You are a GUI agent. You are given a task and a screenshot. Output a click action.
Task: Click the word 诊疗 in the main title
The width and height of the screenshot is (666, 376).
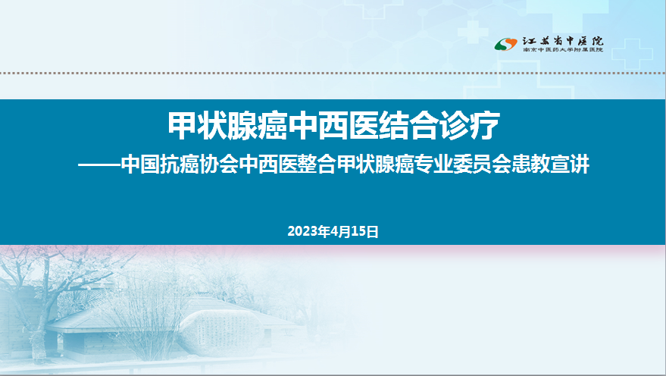click(470, 126)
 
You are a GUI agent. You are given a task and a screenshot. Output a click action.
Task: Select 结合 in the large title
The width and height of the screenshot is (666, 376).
click(408, 126)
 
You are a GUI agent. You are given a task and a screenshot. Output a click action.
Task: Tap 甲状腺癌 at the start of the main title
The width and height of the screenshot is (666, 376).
click(227, 126)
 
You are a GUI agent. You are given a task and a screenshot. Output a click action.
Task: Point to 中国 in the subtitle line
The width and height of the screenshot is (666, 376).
click(140, 164)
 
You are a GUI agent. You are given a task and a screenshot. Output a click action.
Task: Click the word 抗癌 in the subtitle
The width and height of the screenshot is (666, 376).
click(180, 164)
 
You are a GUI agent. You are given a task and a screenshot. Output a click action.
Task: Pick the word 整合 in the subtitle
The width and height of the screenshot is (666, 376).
click(316, 164)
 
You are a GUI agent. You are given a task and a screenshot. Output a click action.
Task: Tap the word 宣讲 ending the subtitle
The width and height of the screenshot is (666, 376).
click(570, 164)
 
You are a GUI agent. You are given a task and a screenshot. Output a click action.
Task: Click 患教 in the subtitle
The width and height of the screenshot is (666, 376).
click(531, 164)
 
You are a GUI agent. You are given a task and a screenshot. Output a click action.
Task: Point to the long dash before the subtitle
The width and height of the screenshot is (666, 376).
click(99, 164)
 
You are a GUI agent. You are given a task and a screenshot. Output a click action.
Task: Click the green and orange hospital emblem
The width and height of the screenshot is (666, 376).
click(505, 44)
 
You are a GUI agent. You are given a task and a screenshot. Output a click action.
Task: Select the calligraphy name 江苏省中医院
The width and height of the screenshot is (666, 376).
click(562, 41)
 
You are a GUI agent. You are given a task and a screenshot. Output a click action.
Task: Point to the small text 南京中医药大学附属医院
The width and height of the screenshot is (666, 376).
click(562, 50)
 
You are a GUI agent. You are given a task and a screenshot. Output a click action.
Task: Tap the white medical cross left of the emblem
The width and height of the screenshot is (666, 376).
click(472, 31)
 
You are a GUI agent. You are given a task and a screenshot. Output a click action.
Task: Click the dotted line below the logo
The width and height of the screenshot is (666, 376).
click(333, 73)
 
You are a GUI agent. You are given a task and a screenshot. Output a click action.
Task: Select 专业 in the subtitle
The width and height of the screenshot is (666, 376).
click(433, 164)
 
